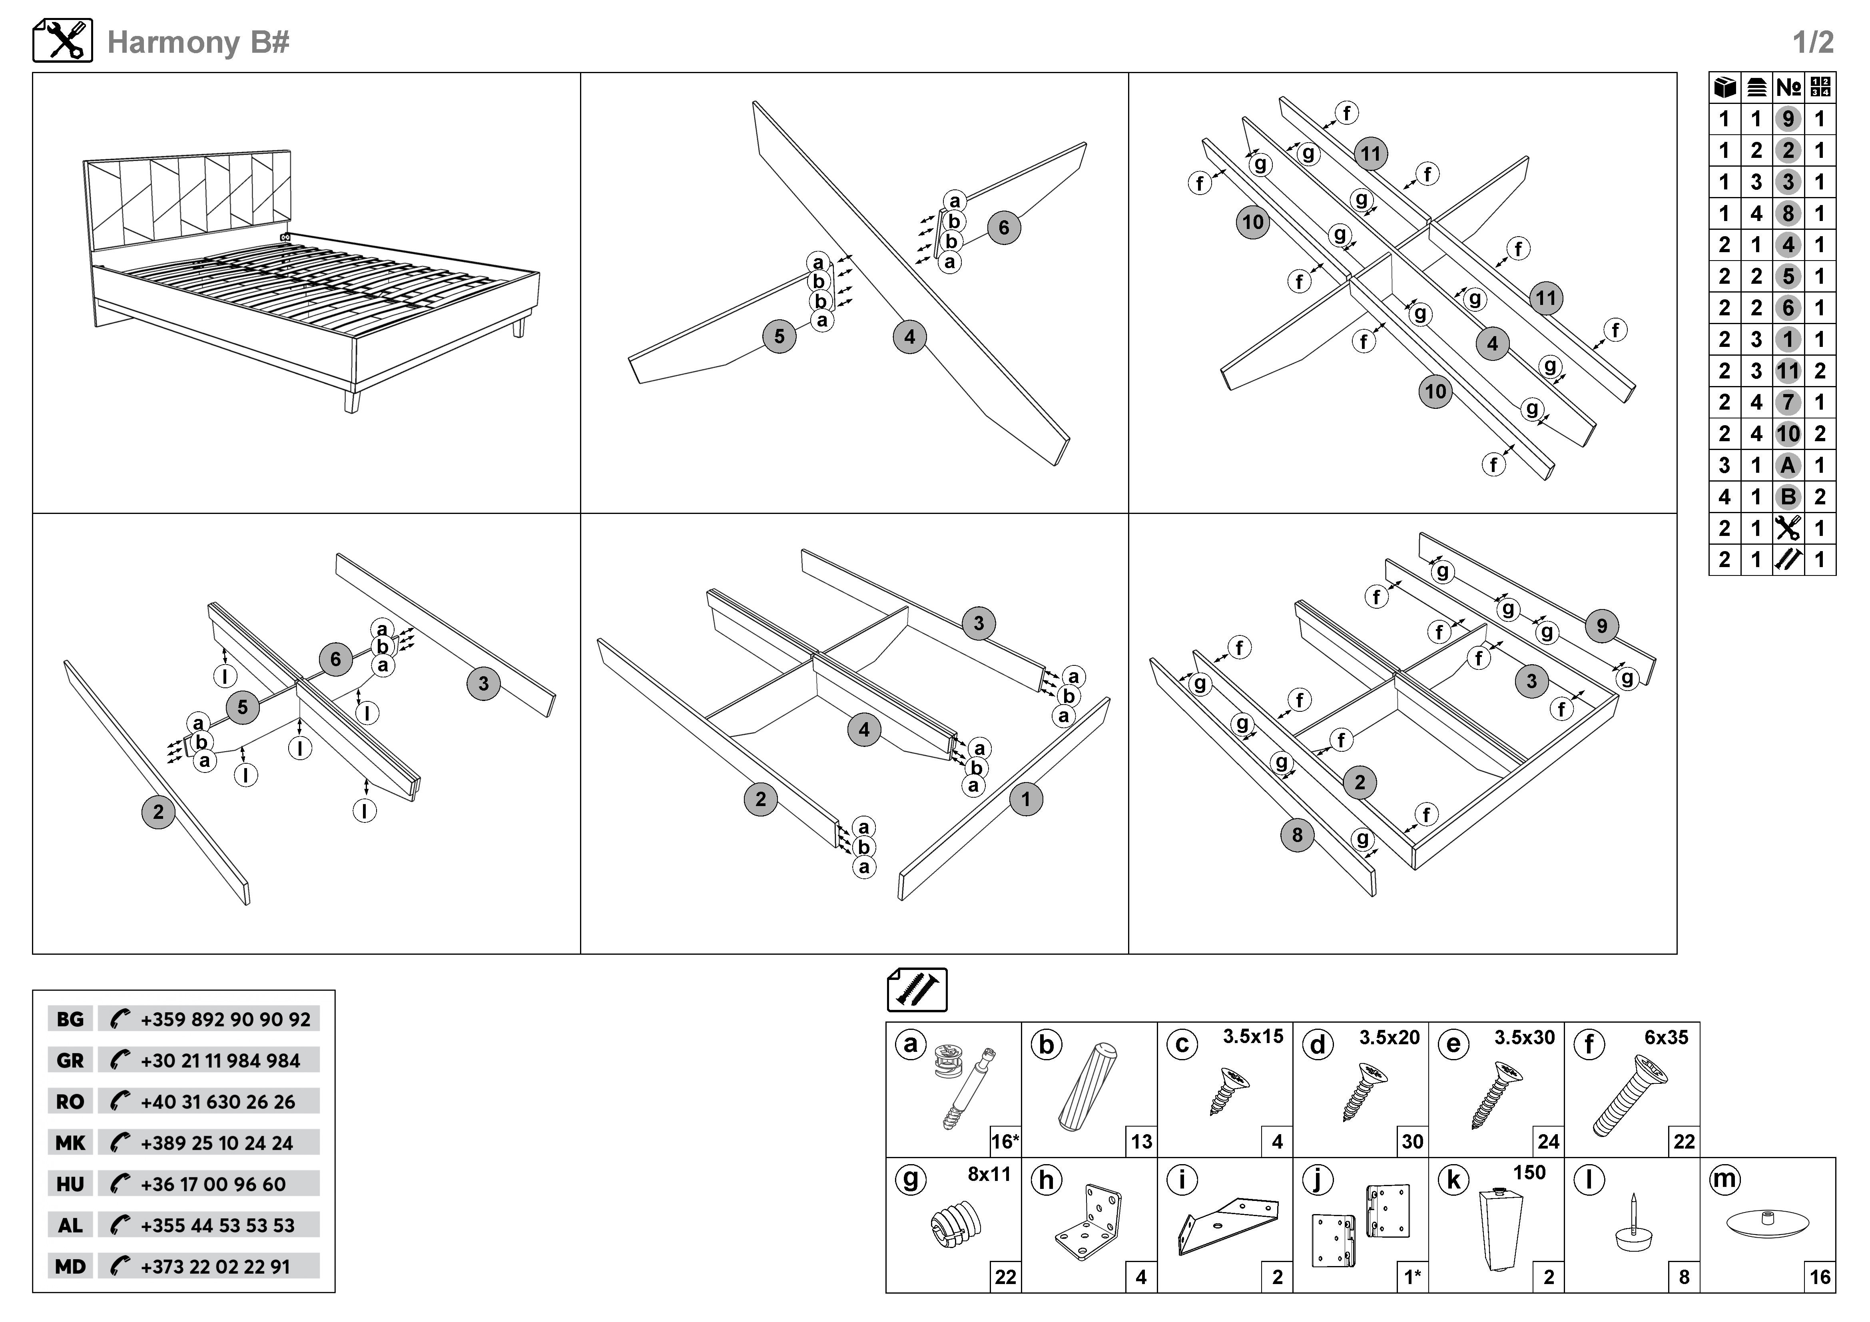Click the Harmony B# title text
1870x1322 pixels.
(198, 42)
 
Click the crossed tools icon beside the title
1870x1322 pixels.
(63, 41)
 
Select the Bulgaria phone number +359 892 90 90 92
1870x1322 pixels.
(225, 1019)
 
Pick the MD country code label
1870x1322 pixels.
(70, 1266)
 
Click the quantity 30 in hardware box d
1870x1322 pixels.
(1412, 1141)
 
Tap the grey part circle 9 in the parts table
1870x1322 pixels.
(1788, 119)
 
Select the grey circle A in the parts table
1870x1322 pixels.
(1788, 466)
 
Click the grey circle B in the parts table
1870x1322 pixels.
(1788, 497)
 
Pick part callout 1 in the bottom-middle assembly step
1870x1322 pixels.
(1025, 799)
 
